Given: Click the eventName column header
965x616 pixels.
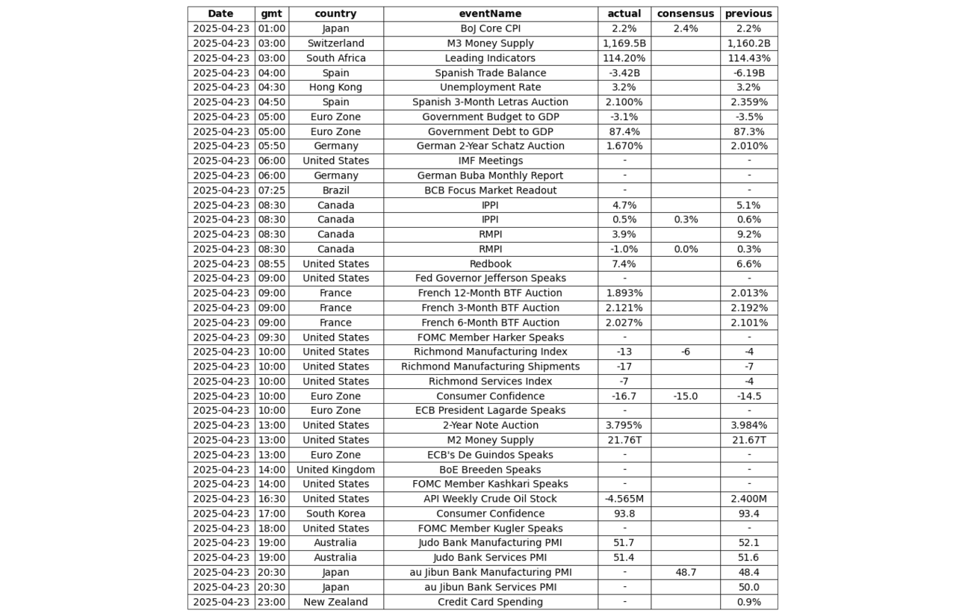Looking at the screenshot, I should click(490, 13).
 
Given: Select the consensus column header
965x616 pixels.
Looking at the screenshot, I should click(685, 13).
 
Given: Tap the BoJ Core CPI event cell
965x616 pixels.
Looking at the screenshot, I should click(490, 28).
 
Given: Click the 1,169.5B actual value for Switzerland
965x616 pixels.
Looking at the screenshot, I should click(624, 43).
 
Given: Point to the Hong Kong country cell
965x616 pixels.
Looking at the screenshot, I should click(335, 87).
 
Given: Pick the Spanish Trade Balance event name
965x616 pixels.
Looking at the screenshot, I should click(490, 73).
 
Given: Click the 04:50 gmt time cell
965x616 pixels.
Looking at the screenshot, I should click(271, 102).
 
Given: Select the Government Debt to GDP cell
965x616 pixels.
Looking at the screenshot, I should click(490, 131).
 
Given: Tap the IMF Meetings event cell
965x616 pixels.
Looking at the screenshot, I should click(490, 161).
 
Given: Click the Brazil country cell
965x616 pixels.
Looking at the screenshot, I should click(335, 190).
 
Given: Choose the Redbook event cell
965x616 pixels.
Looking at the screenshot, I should click(490, 264).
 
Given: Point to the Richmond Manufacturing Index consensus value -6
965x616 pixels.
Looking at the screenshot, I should click(685, 352).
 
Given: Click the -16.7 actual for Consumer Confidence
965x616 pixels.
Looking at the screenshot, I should click(624, 396).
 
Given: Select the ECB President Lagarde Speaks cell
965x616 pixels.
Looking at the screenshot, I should click(490, 411).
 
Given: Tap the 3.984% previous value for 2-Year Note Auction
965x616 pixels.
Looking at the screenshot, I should click(748, 426).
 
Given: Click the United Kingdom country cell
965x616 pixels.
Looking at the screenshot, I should click(335, 470).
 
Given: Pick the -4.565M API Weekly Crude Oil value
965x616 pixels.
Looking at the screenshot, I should click(624, 499).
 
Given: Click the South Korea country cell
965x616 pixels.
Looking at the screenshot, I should click(335, 514).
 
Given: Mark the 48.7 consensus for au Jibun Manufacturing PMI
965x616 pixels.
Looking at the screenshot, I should click(685, 573).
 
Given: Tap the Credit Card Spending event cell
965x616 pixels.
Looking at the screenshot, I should click(490, 602).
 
